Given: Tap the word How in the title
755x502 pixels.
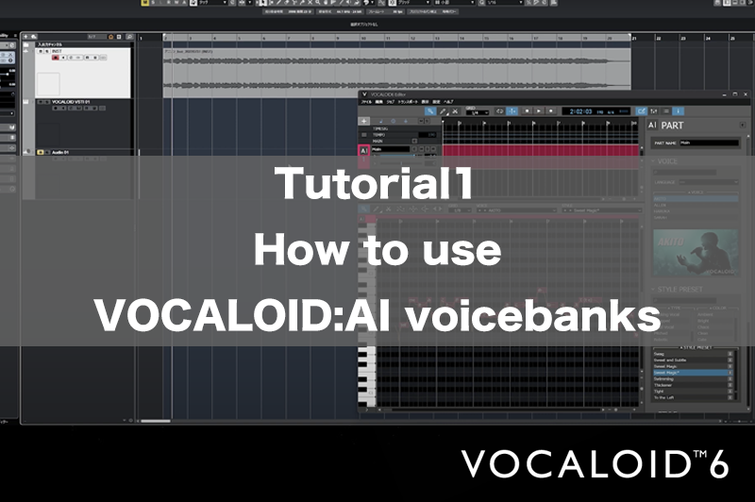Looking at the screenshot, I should tap(294, 252).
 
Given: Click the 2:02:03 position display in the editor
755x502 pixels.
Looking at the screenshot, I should tap(580, 111).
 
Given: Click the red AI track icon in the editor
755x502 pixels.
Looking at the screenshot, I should tap(364, 150).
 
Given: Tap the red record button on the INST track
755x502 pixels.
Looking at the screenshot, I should tap(54, 58).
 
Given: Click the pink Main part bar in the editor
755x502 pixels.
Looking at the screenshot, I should tap(538, 150).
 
